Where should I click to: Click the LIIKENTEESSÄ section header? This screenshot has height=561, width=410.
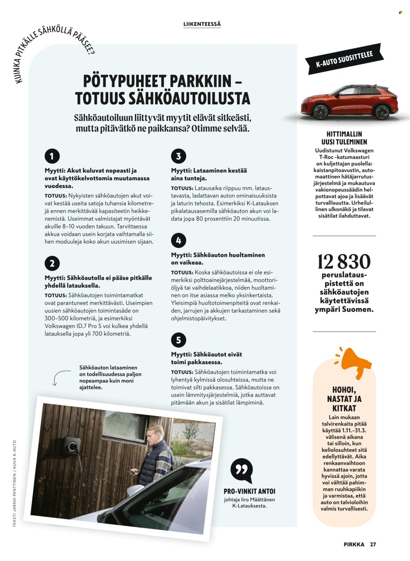point(202,24)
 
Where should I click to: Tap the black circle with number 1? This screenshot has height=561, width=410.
point(52,156)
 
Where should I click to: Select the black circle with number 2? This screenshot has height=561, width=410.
point(52,263)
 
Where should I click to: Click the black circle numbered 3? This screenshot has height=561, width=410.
point(178,156)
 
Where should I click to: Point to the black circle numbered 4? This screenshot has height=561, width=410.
point(178,240)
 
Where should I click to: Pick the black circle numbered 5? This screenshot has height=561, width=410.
point(178,340)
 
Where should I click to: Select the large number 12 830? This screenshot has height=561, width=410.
point(344,262)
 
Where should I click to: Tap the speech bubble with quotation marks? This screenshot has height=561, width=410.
point(242,470)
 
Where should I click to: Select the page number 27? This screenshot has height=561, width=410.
point(373,544)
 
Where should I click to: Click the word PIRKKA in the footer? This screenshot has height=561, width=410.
point(354,544)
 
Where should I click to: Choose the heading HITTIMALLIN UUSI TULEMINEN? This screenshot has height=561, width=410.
point(344,138)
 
